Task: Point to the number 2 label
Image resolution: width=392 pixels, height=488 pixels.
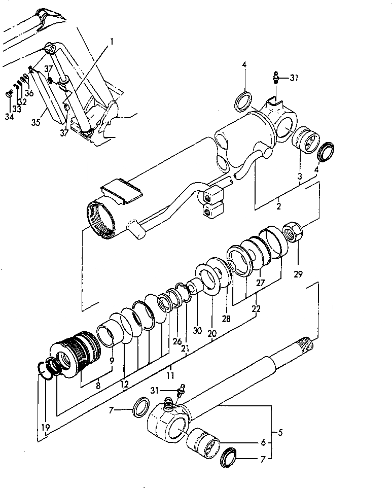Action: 278,207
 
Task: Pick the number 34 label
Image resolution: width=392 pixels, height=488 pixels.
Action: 9,117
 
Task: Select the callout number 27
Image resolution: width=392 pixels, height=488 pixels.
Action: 261,283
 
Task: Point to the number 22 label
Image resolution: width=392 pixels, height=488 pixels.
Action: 256,309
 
